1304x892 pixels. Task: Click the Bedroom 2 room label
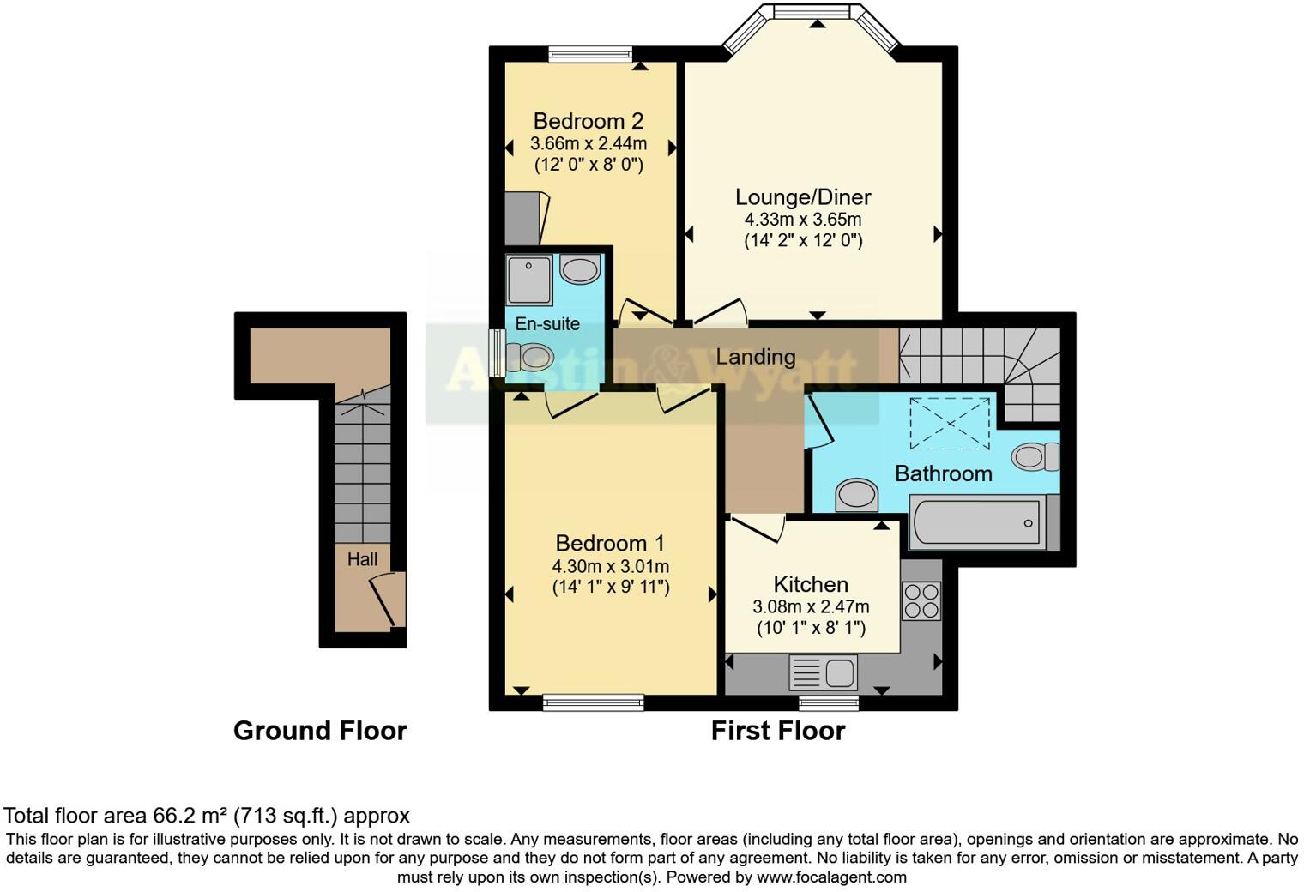click(588, 121)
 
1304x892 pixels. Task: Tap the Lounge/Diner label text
click(803, 196)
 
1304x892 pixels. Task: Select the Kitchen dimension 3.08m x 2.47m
click(811, 606)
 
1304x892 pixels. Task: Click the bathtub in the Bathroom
click(976, 521)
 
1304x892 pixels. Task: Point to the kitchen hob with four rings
click(921, 600)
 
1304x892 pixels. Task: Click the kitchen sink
click(823, 672)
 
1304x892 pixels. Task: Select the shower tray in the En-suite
click(529, 280)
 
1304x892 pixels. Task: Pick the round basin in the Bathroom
click(857, 495)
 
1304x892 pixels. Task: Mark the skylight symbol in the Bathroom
click(949, 423)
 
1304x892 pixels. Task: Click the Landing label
click(756, 356)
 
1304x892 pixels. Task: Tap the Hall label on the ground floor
click(362, 559)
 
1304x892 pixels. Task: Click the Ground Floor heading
click(320, 731)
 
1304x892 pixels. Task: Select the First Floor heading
click(778, 731)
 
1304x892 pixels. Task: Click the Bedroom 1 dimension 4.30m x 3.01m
click(611, 566)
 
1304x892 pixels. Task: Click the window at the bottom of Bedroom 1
click(593, 702)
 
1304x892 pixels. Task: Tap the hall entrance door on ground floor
click(389, 600)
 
